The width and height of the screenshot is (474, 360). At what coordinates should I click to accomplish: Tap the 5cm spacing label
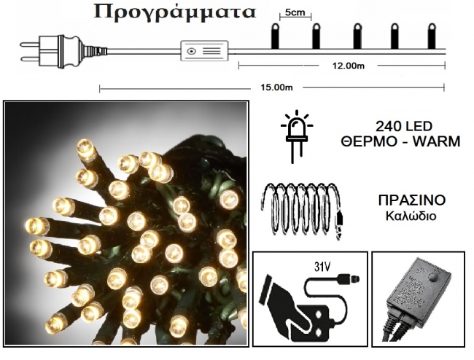coord(295,12)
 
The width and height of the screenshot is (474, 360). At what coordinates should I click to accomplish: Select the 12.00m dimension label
coord(349,66)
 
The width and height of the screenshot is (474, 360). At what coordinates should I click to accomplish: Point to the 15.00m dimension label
coord(276,87)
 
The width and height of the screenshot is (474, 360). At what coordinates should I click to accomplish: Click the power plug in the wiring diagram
coord(63,51)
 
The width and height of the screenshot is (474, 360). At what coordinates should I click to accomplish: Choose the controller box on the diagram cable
coord(204,51)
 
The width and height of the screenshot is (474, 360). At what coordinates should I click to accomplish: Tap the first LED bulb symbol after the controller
coord(275,36)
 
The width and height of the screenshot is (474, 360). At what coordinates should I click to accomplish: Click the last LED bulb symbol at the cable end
coord(432,36)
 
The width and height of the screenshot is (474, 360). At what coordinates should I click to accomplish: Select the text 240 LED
coord(404,126)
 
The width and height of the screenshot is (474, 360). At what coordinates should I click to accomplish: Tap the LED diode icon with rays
coord(297,136)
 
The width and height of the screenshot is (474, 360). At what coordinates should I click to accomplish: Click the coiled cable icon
coord(303,211)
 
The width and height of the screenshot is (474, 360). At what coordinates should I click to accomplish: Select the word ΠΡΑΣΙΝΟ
coord(412,200)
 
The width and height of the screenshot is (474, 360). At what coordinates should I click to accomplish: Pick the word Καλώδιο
coord(411,216)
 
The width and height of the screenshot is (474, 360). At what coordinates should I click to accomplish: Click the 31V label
coord(322,267)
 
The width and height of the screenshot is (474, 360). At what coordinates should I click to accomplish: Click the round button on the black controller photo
coord(434,278)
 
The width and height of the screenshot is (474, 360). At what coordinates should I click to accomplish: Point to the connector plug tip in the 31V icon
coord(354,278)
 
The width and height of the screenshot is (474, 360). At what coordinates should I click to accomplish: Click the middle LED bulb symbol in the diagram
coord(357,36)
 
